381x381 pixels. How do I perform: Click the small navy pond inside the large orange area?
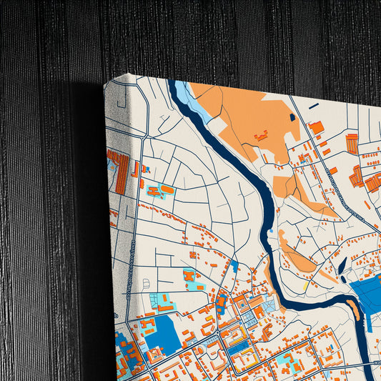pos(292,117)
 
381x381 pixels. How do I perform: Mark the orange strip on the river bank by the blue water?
pos(353,309)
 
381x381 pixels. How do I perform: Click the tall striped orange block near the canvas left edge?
pos(122,173)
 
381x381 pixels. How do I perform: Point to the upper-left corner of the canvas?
pos(106,83)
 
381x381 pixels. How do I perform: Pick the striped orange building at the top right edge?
pos(352,144)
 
